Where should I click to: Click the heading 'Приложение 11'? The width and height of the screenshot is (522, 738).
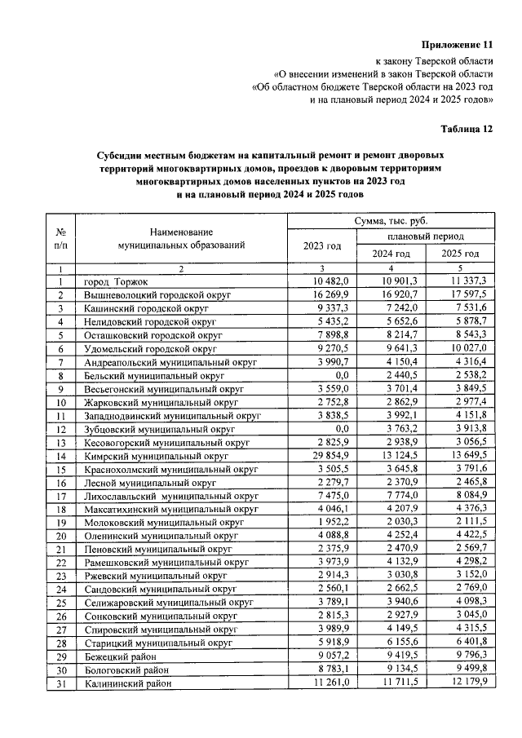pos(458,43)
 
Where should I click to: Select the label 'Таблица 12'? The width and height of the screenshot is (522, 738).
pos(467,128)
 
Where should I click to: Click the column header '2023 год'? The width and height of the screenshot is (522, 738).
pos(322,245)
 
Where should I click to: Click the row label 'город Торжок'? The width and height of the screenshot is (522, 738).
pos(117,281)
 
